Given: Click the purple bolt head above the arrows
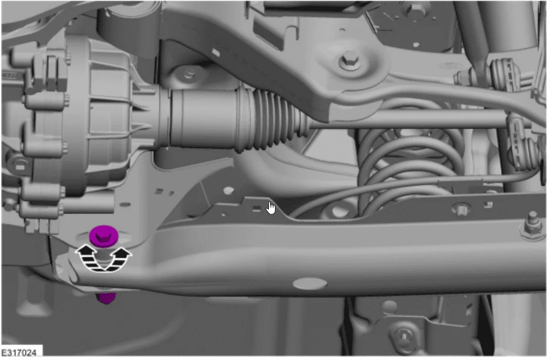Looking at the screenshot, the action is pos(104,235).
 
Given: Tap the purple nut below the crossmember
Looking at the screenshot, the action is pos(106,298).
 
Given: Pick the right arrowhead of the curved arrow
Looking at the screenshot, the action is pos(122,252).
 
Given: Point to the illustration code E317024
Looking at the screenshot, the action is pos(19,352).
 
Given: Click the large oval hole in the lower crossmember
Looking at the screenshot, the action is pos(310,283).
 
